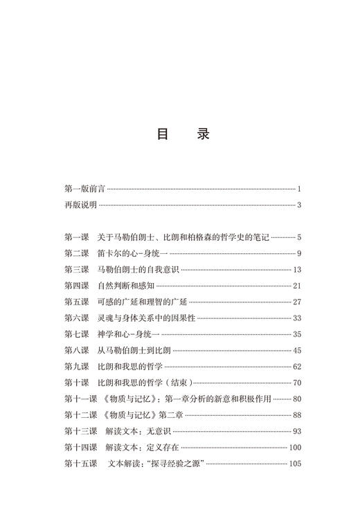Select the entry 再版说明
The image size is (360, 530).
tap(80, 205)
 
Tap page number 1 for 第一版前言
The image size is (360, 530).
tap(298, 189)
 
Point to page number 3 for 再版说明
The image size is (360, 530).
tap(298, 205)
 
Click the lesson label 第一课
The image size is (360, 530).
tap(76, 237)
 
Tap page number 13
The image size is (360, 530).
tap(296, 269)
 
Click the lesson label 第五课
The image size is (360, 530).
tap(76, 302)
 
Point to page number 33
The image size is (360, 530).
tap(296, 318)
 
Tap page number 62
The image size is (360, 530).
tap(296, 366)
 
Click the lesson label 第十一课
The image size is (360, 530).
tap(79, 399)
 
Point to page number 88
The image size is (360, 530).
tap(296, 414)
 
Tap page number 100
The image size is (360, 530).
tap(295, 447)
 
